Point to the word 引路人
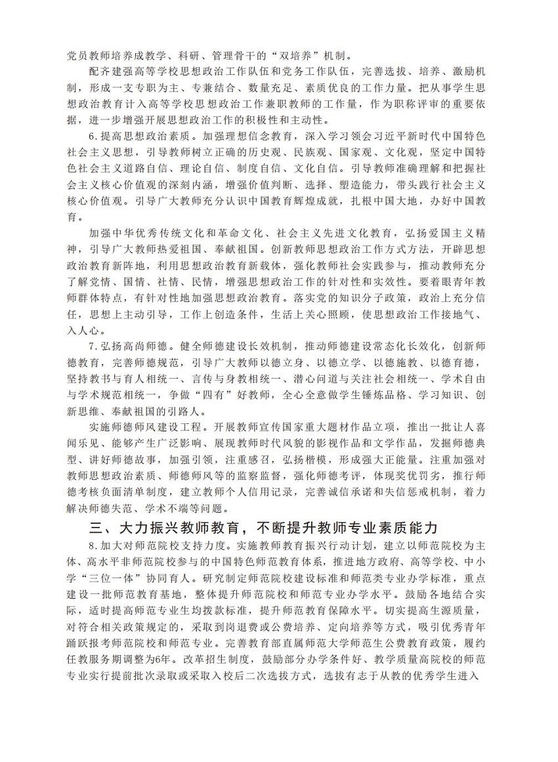189,412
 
